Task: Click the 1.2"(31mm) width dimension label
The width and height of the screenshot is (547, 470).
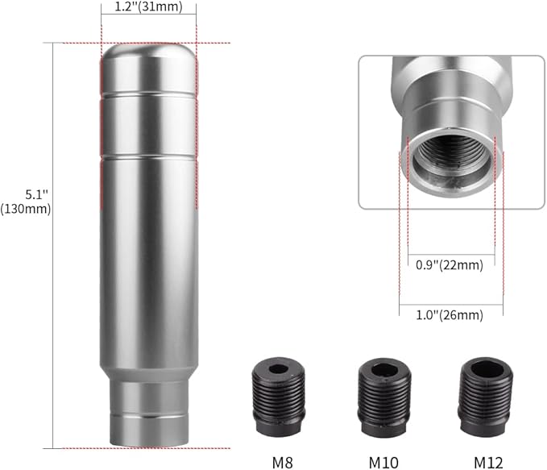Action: click(148, 6)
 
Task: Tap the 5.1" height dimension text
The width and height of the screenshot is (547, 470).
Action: click(36, 194)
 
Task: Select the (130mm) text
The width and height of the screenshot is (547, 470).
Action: click(26, 209)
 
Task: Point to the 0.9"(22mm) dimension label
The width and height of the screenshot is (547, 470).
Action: click(450, 265)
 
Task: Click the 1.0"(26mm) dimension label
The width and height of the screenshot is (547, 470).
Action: click(450, 315)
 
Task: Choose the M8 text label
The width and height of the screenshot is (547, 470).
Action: click(282, 463)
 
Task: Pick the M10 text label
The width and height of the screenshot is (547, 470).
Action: click(383, 463)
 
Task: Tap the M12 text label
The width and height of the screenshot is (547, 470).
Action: click(488, 463)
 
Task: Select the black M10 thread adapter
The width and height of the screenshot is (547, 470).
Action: click(384, 397)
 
